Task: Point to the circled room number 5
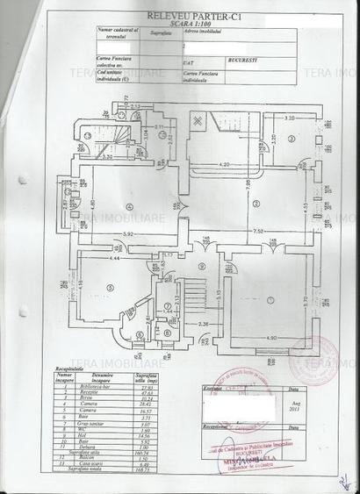click(109, 287)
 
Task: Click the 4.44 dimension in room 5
click(90, 257)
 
